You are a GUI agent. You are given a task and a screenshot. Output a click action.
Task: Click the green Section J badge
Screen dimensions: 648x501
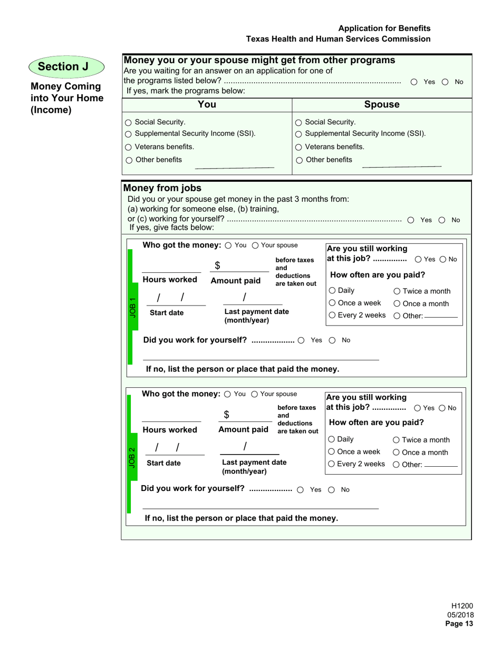(x=66, y=66)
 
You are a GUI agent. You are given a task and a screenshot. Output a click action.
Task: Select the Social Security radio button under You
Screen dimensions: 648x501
(x=129, y=122)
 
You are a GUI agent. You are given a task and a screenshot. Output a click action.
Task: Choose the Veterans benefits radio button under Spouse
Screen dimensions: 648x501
(x=299, y=147)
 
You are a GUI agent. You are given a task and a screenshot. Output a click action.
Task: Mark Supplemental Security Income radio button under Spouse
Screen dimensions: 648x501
(x=299, y=134)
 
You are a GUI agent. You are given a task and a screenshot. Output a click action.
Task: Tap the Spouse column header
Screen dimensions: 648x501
(x=382, y=104)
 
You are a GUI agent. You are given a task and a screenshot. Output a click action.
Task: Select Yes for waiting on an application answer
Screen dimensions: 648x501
(x=414, y=82)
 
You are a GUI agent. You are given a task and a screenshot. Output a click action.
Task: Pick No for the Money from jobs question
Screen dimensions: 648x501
(x=442, y=220)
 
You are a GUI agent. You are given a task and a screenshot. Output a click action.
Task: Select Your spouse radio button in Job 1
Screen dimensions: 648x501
(x=255, y=245)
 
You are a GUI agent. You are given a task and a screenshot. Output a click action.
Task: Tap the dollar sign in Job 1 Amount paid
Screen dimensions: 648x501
(x=217, y=266)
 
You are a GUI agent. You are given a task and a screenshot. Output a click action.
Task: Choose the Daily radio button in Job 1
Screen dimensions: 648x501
(x=332, y=291)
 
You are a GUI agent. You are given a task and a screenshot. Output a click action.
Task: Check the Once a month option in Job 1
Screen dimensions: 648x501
(x=397, y=303)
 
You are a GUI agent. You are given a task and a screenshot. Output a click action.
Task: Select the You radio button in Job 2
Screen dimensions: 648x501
(x=228, y=394)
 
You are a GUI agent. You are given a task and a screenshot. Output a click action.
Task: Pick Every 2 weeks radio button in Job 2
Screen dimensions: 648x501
(x=332, y=464)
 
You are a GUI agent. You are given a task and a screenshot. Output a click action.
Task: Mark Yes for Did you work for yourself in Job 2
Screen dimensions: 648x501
(x=300, y=490)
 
